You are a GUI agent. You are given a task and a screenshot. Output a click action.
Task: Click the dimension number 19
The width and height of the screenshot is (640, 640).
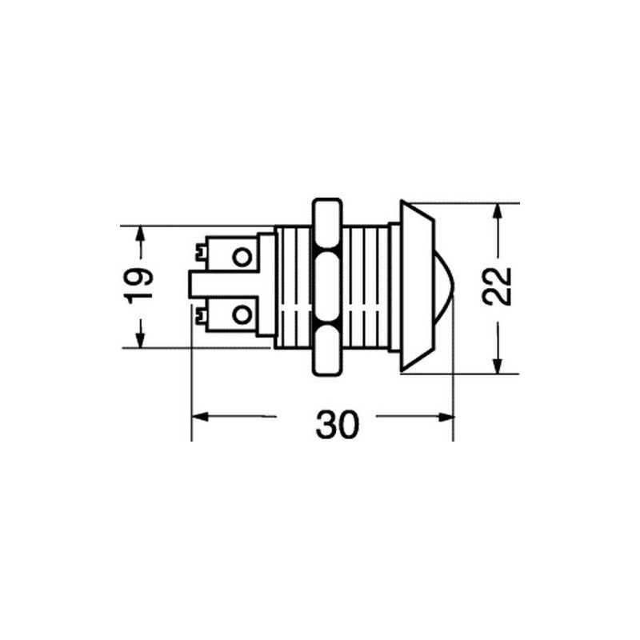click(x=138, y=286)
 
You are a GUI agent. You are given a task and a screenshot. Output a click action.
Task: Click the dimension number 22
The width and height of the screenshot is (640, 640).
click(x=497, y=286)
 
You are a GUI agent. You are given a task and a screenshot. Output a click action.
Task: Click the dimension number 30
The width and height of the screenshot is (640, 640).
click(x=337, y=425)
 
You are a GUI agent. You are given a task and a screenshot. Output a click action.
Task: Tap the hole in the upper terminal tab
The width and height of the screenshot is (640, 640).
click(x=242, y=257)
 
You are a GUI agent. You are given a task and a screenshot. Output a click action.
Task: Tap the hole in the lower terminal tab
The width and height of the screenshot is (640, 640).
click(x=242, y=315)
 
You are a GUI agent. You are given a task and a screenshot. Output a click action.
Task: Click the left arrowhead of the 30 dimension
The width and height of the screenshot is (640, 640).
click(x=201, y=417)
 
